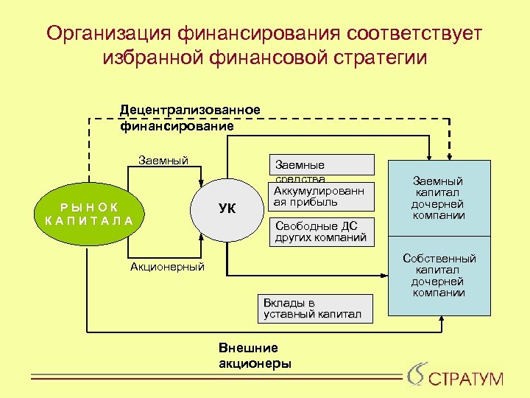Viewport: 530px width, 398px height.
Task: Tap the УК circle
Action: tap(227, 209)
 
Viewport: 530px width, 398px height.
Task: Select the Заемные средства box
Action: tap(325, 165)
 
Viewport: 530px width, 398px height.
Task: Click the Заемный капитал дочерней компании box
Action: tap(438, 198)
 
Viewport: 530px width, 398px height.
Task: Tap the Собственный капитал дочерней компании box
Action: tap(438, 275)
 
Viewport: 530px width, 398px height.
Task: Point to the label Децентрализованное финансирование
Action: tap(190, 118)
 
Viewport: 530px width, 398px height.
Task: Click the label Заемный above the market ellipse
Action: tap(163, 161)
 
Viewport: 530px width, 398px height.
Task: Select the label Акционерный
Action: tap(167, 267)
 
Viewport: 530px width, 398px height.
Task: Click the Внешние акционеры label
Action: tap(255, 355)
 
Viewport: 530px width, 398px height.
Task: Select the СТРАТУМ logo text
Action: tap(465, 380)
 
